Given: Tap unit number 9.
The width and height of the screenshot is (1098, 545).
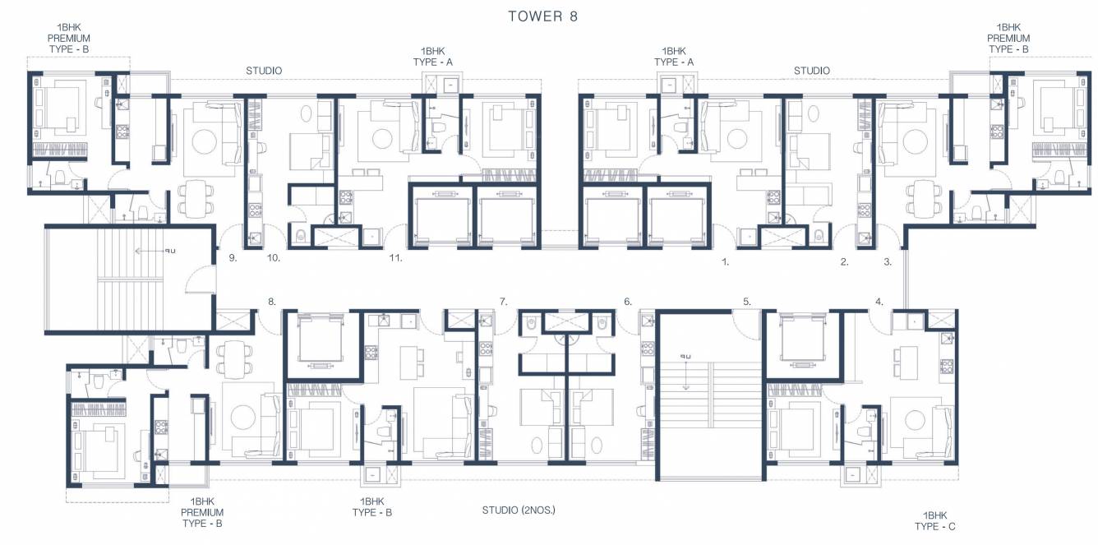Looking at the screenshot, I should pos(233,258).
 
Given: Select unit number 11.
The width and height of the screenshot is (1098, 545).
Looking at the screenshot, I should pos(396,258).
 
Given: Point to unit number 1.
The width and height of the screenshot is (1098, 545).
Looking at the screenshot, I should pos(725,263).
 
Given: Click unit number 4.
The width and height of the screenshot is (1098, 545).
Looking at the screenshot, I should pos(879,302).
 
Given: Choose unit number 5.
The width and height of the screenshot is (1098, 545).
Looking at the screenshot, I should pos(747,302).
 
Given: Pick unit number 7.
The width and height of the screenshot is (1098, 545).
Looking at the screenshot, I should pos(503,302).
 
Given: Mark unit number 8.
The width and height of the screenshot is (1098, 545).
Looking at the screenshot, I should pos(271,302).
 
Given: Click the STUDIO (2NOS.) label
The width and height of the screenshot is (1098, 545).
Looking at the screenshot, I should pos(519,510).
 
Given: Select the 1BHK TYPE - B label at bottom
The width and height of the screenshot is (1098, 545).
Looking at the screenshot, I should pos(371,506).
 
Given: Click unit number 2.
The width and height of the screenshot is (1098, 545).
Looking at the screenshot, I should pos(844,263).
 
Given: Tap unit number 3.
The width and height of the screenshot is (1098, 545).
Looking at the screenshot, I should pos(888,263).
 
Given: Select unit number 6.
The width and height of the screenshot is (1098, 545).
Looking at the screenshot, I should pos(628,302).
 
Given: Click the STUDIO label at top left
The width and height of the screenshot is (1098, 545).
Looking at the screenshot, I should pos(264,71).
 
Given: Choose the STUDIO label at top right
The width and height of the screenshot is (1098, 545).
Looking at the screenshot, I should pos(811,71).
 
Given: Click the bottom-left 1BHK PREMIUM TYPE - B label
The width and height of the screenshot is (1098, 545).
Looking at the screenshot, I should pos(202,512).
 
